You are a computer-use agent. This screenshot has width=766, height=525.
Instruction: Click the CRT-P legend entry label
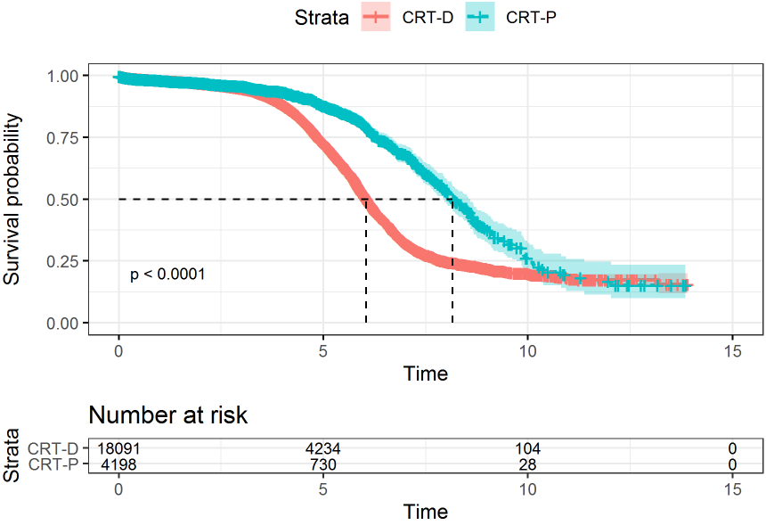coord(532,16)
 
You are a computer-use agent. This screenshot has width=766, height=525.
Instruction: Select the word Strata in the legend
coord(322,16)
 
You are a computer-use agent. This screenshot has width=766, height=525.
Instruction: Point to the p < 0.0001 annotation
coord(167,275)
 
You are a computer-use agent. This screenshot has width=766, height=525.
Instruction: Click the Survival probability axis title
coord(12,200)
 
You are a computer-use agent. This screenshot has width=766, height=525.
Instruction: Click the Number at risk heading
coord(167,414)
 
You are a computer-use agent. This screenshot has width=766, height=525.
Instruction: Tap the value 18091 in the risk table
coord(118,449)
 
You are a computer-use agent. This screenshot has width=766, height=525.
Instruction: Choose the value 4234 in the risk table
coord(323,449)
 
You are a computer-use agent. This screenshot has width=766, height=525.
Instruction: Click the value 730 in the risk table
coord(323,463)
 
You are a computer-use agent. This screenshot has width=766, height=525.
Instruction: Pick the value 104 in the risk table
coord(527,449)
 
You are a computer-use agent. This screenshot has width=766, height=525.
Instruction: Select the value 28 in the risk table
coord(527,463)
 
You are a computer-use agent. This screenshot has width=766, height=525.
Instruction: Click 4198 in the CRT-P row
coord(118,463)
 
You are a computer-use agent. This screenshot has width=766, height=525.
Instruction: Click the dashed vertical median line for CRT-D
coord(366,267)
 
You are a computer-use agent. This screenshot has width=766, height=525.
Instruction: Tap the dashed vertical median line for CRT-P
coord(452,267)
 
